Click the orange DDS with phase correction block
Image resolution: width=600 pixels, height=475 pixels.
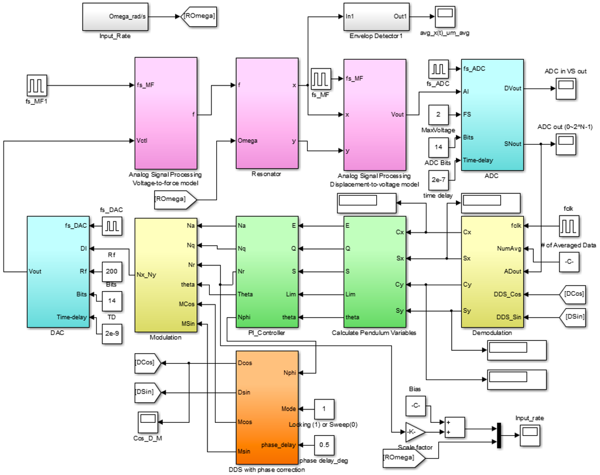tap(267, 408)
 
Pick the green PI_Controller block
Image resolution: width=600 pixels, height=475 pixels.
tap(267, 272)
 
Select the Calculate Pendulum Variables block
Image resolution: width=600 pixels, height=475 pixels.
tap(374, 272)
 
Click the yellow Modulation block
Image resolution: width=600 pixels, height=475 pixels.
tap(166, 275)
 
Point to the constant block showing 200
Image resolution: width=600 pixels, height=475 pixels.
tap(112, 271)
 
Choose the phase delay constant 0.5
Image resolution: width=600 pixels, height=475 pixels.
tap(324, 445)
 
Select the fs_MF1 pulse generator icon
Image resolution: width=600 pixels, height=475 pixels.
tap(36, 86)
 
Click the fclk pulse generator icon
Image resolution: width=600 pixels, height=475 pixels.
tap(568, 224)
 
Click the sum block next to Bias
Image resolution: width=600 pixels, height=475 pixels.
tap(454, 428)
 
